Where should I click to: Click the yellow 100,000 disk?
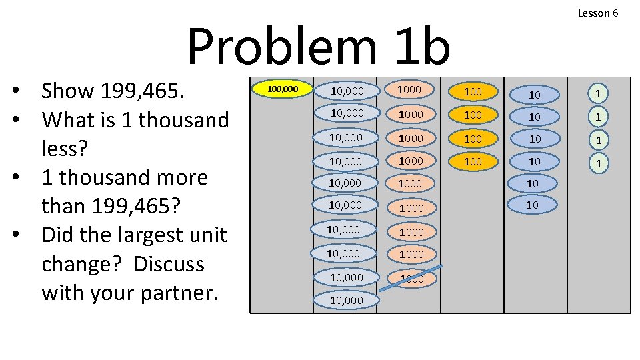point(283,89)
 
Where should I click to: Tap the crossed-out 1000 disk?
point(412,278)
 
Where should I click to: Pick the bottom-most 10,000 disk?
point(346,300)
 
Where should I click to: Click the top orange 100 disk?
point(473,91)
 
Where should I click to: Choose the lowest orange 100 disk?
point(473,161)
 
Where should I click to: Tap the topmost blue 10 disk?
point(534,95)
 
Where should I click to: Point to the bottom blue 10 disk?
point(532,205)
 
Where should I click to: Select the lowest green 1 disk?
point(599,163)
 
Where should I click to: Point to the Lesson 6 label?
point(598,13)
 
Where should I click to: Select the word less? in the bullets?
point(65,149)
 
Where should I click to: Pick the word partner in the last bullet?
point(171,293)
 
